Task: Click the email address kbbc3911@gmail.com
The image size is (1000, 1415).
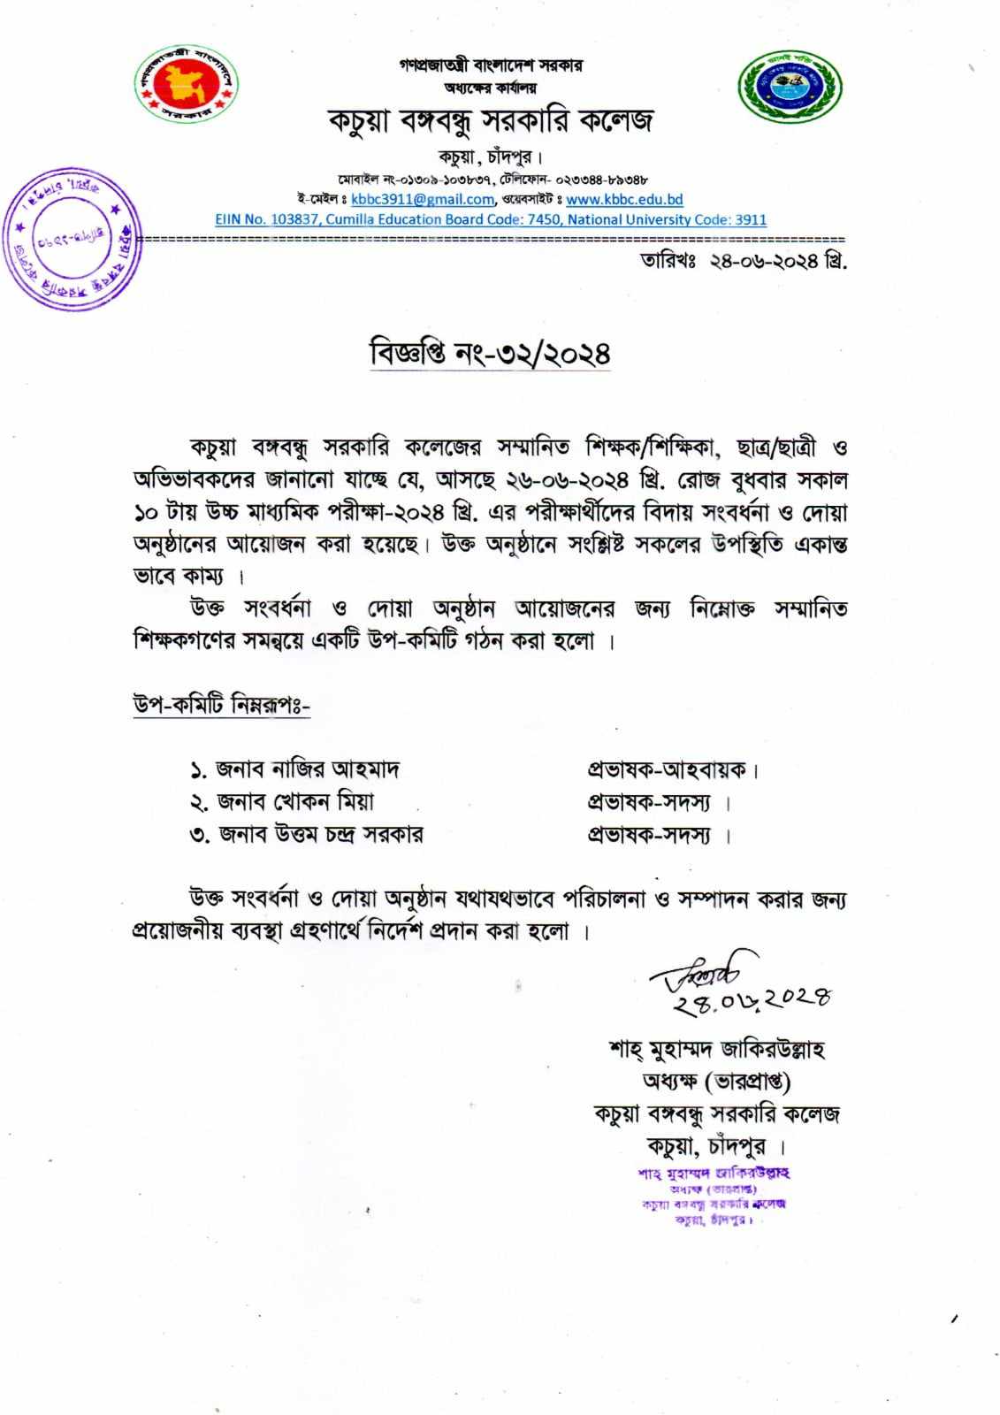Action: (x=422, y=200)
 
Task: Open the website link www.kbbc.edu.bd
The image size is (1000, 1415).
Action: (x=624, y=200)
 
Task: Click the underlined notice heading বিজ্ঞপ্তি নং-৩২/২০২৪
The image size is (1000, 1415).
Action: (x=490, y=354)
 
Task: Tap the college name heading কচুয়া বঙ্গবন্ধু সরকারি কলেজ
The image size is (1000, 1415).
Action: (x=491, y=120)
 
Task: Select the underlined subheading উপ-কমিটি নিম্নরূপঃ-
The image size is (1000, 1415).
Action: (x=221, y=706)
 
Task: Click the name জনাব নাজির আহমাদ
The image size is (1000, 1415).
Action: (x=307, y=769)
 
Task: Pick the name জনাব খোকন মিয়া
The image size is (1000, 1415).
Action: (x=295, y=802)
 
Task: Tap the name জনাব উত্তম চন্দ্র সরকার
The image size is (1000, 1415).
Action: (x=319, y=834)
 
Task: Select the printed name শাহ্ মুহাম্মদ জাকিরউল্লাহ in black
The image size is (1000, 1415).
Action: (x=716, y=1050)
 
